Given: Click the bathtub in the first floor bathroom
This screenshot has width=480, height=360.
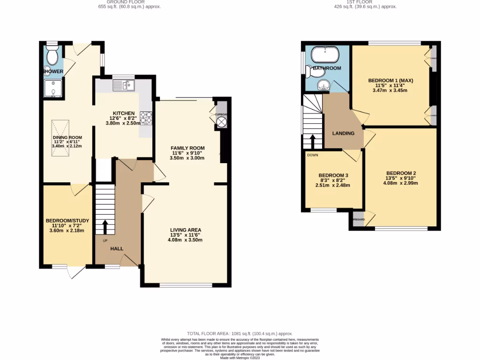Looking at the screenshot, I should tap(325, 55).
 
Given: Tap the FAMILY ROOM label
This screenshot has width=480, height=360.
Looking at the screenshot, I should tap(187, 148).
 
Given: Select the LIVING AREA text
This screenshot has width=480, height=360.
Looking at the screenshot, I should tap(185, 230).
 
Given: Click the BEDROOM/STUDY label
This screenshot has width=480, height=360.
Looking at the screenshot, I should tap(67, 220).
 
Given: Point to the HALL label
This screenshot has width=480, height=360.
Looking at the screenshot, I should tap(117, 248).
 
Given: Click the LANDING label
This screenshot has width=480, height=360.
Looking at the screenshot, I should tap(343, 133).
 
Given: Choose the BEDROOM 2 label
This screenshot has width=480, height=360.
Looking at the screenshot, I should tap(401, 173).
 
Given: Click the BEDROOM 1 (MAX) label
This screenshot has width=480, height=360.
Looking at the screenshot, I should tap(390, 80).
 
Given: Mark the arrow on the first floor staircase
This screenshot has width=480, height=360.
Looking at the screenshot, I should tap(313, 141).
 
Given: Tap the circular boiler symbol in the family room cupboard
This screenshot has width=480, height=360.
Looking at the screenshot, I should tap(221, 123).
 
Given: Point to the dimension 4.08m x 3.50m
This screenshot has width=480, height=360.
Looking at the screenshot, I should tap(185, 240).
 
